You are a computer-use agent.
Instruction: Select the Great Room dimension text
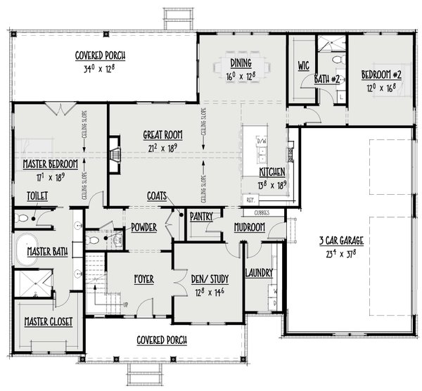pyautogui.click(x=162, y=148)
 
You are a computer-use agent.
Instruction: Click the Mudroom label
pyautogui.click(x=250, y=228)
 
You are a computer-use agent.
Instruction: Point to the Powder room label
pyautogui.click(x=143, y=227)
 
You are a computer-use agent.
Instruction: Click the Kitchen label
pyautogui.click(x=271, y=172)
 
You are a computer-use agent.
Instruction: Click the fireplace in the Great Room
pyautogui.click(x=113, y=150)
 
